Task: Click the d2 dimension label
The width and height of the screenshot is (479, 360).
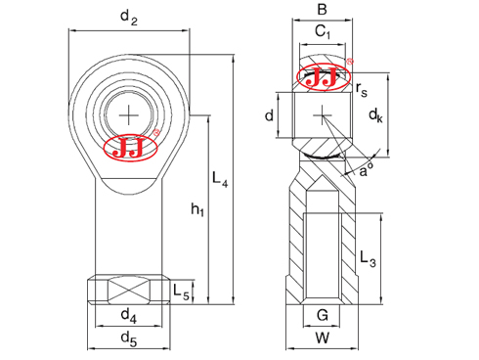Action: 128,16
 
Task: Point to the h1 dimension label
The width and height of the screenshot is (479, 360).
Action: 196,209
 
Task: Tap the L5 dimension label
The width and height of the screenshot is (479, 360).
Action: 181,291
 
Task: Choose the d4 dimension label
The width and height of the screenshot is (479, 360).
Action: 128,315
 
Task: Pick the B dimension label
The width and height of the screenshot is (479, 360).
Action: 322,11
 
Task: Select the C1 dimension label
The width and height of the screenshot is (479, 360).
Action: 322,33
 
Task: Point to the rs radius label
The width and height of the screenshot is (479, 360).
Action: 362,90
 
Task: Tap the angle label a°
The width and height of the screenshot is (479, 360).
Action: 367,171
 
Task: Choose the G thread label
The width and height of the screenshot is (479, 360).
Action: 322,315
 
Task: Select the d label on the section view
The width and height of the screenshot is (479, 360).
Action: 269,115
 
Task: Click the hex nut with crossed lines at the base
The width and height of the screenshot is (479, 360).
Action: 128,291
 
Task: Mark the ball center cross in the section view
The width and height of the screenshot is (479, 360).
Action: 322,116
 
